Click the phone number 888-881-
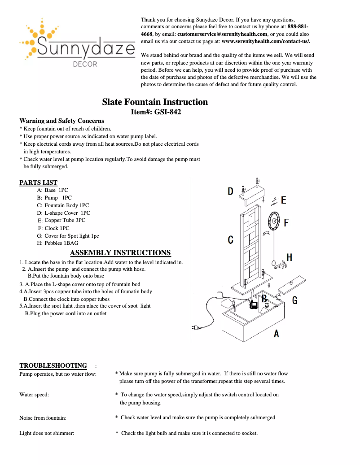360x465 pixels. click(x=298, y=27)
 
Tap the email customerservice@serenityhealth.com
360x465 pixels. click(x=222, y=34)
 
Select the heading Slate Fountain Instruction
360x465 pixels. click(x=155, y=102)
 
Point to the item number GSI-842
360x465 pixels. click(x=167, y=112)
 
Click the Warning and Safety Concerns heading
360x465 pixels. click(x=61, y=121)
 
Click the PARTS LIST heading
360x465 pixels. click(x=38, y=183)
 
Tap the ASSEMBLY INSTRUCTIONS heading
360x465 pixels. click(x=120, y=253)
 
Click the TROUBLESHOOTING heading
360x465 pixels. click(x=53, y=365)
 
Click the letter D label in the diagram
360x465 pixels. click(x=230, y=191)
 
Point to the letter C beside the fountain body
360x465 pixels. click(x=230, y=240)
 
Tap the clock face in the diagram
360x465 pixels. click(x=273, y=221)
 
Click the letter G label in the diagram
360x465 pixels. click(x=294, y=300)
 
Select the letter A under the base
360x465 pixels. click(x=276, y=333)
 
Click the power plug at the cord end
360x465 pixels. click(x=195, y=328)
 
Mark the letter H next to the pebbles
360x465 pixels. click(x=289, y=257)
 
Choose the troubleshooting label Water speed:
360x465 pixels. click(x=34, y=395)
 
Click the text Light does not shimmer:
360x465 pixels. click(x=47, y=433)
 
